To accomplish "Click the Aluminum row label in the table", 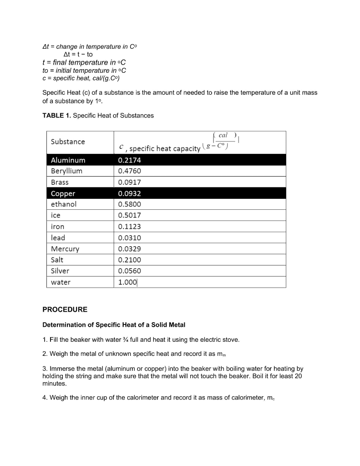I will click(68, 160).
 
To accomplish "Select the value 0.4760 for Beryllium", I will click(129, 171).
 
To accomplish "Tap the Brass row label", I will click(60, 182).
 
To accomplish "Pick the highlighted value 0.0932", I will click(129, 193).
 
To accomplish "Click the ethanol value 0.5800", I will click(129, 204).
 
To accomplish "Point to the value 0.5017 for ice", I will click(129, 215).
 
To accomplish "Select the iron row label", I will click(58, 227).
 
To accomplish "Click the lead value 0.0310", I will click(129, 238).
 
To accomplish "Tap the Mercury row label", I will click(65, 249).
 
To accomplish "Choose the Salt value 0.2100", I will click(129, 260).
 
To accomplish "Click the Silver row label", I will click(60, 271).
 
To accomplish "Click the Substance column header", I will click(68, 142).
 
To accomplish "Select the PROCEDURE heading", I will click(65, 309).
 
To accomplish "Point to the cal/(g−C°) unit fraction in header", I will click(223, 139).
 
